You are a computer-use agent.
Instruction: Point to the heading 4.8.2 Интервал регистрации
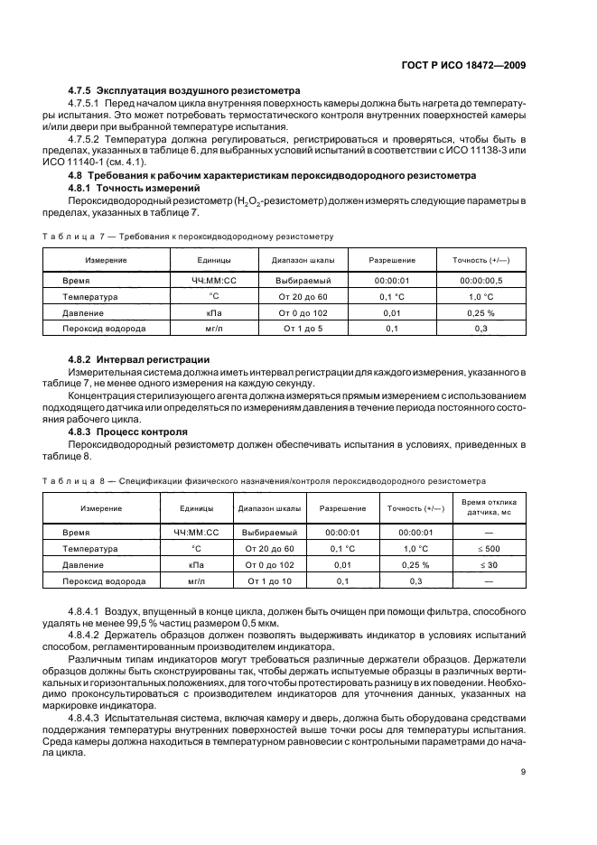point(139,359)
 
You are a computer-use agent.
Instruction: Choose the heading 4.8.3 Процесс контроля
point(128,432)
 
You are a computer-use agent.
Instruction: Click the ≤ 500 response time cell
point(488,549)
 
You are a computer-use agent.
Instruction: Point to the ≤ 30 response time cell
point(488,565)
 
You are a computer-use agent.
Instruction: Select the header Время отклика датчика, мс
point(488,506)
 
